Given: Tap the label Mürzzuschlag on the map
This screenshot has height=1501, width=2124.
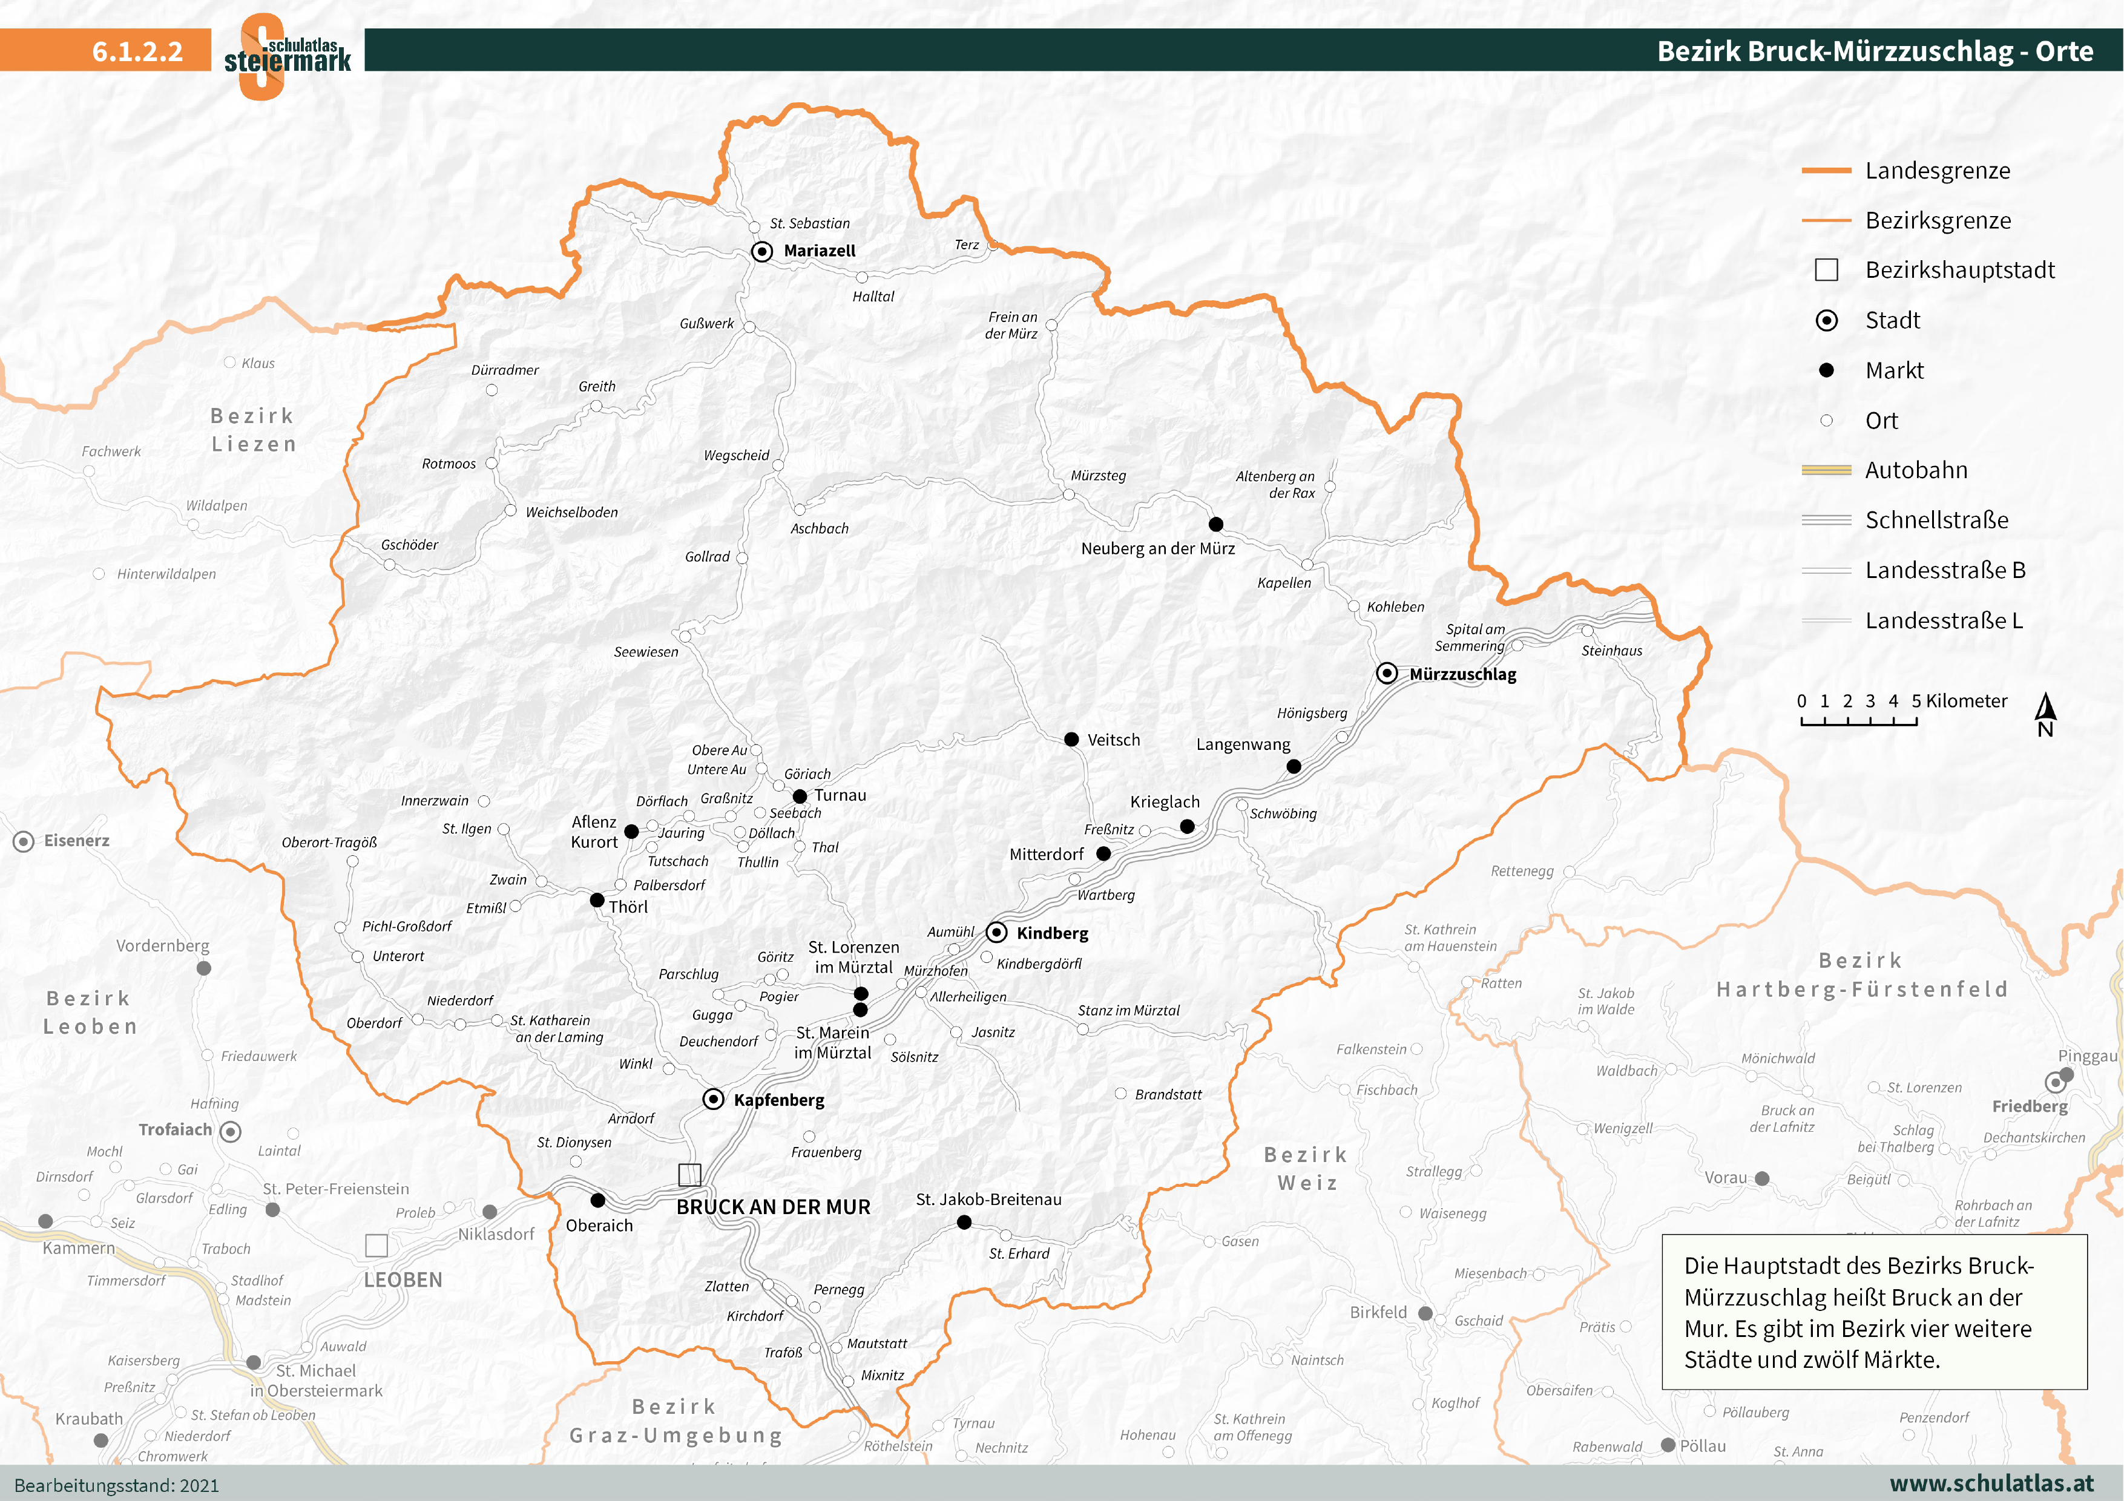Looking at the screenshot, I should [x=1462, y=674].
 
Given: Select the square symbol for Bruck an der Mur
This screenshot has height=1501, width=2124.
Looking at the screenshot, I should [x=689, y=1175].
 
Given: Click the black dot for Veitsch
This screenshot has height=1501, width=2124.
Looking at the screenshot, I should [x=1071, y=740].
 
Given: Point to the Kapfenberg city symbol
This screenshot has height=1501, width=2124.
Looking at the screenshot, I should [x=712, y=1099].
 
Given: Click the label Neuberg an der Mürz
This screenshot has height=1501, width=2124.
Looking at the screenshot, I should [x=1157, y=548].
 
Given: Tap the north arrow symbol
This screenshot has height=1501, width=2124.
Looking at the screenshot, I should [x=2045, y=713].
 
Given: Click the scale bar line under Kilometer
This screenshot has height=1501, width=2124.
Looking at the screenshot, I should [x=1858, y=721].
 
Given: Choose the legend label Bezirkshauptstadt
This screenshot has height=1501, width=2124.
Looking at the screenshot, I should [x=1959, y=270].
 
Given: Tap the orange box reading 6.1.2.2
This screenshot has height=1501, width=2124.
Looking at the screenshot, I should [x=105, y=50].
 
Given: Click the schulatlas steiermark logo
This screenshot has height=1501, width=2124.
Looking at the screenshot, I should [x=287, y=56].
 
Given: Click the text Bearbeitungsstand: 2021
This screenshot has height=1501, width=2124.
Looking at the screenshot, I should [x=117, y=1485].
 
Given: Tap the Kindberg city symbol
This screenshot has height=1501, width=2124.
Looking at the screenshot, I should [x=996, y=932].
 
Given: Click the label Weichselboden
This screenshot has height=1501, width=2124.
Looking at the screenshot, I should [x=571, y=513].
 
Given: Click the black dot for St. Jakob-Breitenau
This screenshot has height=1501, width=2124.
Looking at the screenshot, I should [x=964, y=1223].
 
